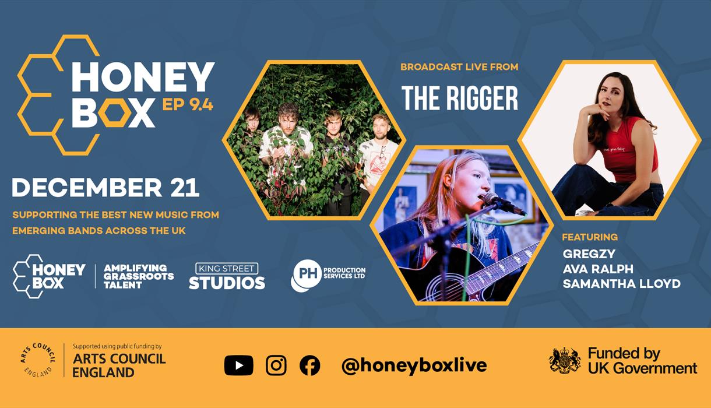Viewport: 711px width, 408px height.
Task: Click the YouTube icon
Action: tap(238, 365)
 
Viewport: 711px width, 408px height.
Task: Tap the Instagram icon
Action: tap(276, 365)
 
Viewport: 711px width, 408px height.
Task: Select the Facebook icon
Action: tap(309, 365)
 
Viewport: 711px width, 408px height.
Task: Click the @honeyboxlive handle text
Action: tap(414, 365)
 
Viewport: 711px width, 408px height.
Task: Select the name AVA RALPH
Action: tap(598, 269)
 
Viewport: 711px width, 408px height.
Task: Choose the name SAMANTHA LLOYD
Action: tap(621, 284)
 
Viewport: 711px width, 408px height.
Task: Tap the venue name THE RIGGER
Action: tap(459, 99)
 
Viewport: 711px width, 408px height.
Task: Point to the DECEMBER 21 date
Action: tap(105, 188)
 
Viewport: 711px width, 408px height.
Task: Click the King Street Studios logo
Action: tap(227, 276)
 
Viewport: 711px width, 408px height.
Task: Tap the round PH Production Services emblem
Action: tap(305, 276)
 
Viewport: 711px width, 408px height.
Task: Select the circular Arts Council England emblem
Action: tap(38, 360)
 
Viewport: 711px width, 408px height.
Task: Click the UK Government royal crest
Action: tap(565, 361)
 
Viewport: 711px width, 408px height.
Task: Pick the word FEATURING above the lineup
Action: tap(590, 237)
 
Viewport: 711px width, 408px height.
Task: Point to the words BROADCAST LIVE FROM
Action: tap(459, 67)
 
